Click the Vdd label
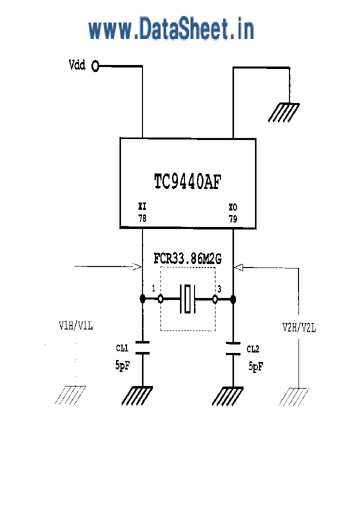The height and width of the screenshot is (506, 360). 76,65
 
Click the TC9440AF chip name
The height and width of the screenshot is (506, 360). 187,181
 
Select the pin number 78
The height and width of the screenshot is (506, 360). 142,218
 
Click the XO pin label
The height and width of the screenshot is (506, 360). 233,207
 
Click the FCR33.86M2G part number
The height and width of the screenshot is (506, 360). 187,259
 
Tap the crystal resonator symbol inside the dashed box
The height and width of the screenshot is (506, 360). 187,299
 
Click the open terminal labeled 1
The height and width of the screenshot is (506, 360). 160,299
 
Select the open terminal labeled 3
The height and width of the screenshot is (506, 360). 215,299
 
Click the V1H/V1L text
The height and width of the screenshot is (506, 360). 76,326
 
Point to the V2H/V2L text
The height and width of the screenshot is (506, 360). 298,327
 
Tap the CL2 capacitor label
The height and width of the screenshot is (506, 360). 253,348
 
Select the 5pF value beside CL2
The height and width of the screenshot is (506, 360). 256,366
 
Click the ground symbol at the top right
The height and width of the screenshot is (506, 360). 284,112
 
